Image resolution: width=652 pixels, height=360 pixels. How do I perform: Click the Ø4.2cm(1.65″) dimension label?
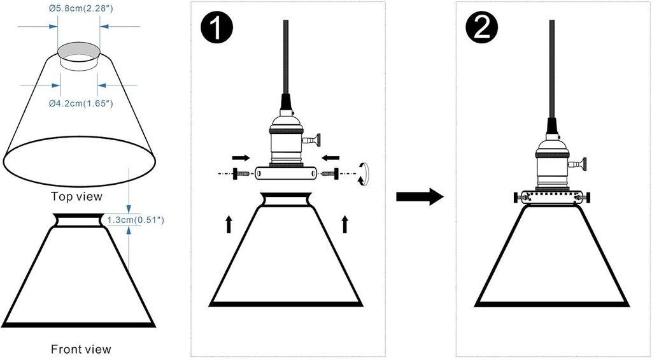coord(80,103)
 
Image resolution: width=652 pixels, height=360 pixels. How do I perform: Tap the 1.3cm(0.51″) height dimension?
coord(137,220)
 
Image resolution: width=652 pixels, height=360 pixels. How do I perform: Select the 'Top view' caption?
coord(76,196)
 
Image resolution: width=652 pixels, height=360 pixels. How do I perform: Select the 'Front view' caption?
coord(81,349)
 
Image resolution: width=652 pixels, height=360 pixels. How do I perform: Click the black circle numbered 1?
coord(216,30)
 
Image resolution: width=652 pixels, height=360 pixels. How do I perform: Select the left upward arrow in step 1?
coord(229,224)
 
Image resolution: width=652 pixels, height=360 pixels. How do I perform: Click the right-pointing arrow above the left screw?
coord(241,157)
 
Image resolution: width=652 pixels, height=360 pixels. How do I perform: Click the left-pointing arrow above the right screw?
coord(330,157)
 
